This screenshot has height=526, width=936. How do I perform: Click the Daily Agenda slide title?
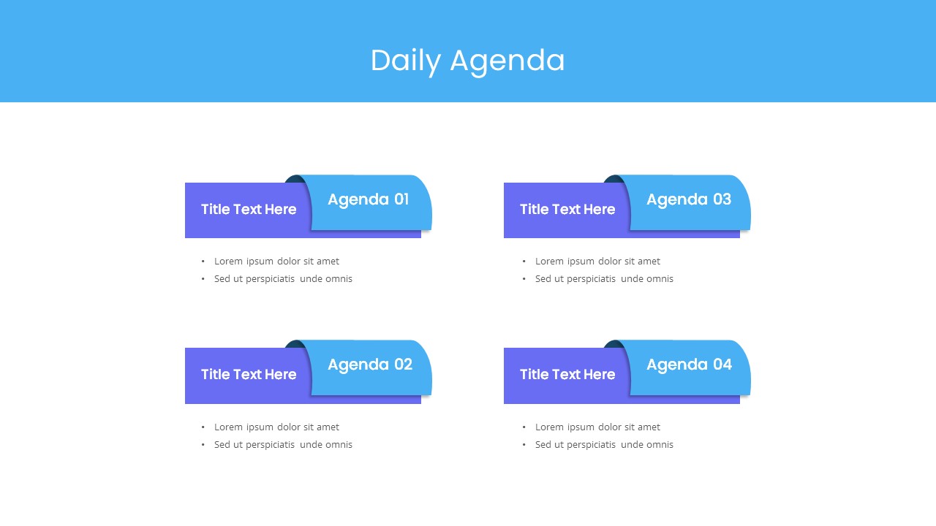click(x=467, y=61)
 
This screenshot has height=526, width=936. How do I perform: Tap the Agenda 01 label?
click(x=368, y=199)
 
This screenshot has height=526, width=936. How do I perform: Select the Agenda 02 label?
click(x=369, y=365)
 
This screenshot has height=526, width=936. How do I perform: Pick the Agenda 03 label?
click(x=688, y=199)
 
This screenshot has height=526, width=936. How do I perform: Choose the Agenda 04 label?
click(x=689, y=365)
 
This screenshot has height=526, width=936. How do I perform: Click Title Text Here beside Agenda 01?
click(x=249, y=210)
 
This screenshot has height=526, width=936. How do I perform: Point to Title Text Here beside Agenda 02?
click(x=249, y=375)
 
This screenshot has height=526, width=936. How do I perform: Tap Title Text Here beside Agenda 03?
click(x=567, y=210)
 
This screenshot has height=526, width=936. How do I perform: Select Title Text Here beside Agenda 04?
click(x=567, y=375)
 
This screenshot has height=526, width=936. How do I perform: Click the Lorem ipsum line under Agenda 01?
click(x=276, y=262)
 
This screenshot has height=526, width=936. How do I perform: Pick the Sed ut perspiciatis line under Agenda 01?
click(x=283, y=279)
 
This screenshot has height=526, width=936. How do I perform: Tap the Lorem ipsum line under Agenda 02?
click(x=276, y=427)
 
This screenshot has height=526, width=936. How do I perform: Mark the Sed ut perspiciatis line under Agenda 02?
click(x=283, y=445)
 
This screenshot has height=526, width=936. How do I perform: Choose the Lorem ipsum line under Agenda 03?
click(x=597, y=262)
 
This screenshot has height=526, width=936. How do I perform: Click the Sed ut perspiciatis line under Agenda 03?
click(x=604, y=279)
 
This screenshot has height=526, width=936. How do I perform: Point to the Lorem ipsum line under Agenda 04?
click(x=597, y=427)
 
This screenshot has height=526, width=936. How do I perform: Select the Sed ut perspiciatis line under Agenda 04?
click(x=604, y=445)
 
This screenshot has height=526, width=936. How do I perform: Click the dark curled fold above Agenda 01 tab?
click(x=294, y=180)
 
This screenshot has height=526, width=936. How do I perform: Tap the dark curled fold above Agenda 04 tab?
click(x=613, y=345)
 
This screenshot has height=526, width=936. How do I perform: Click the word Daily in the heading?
click(x=406, y=61)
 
